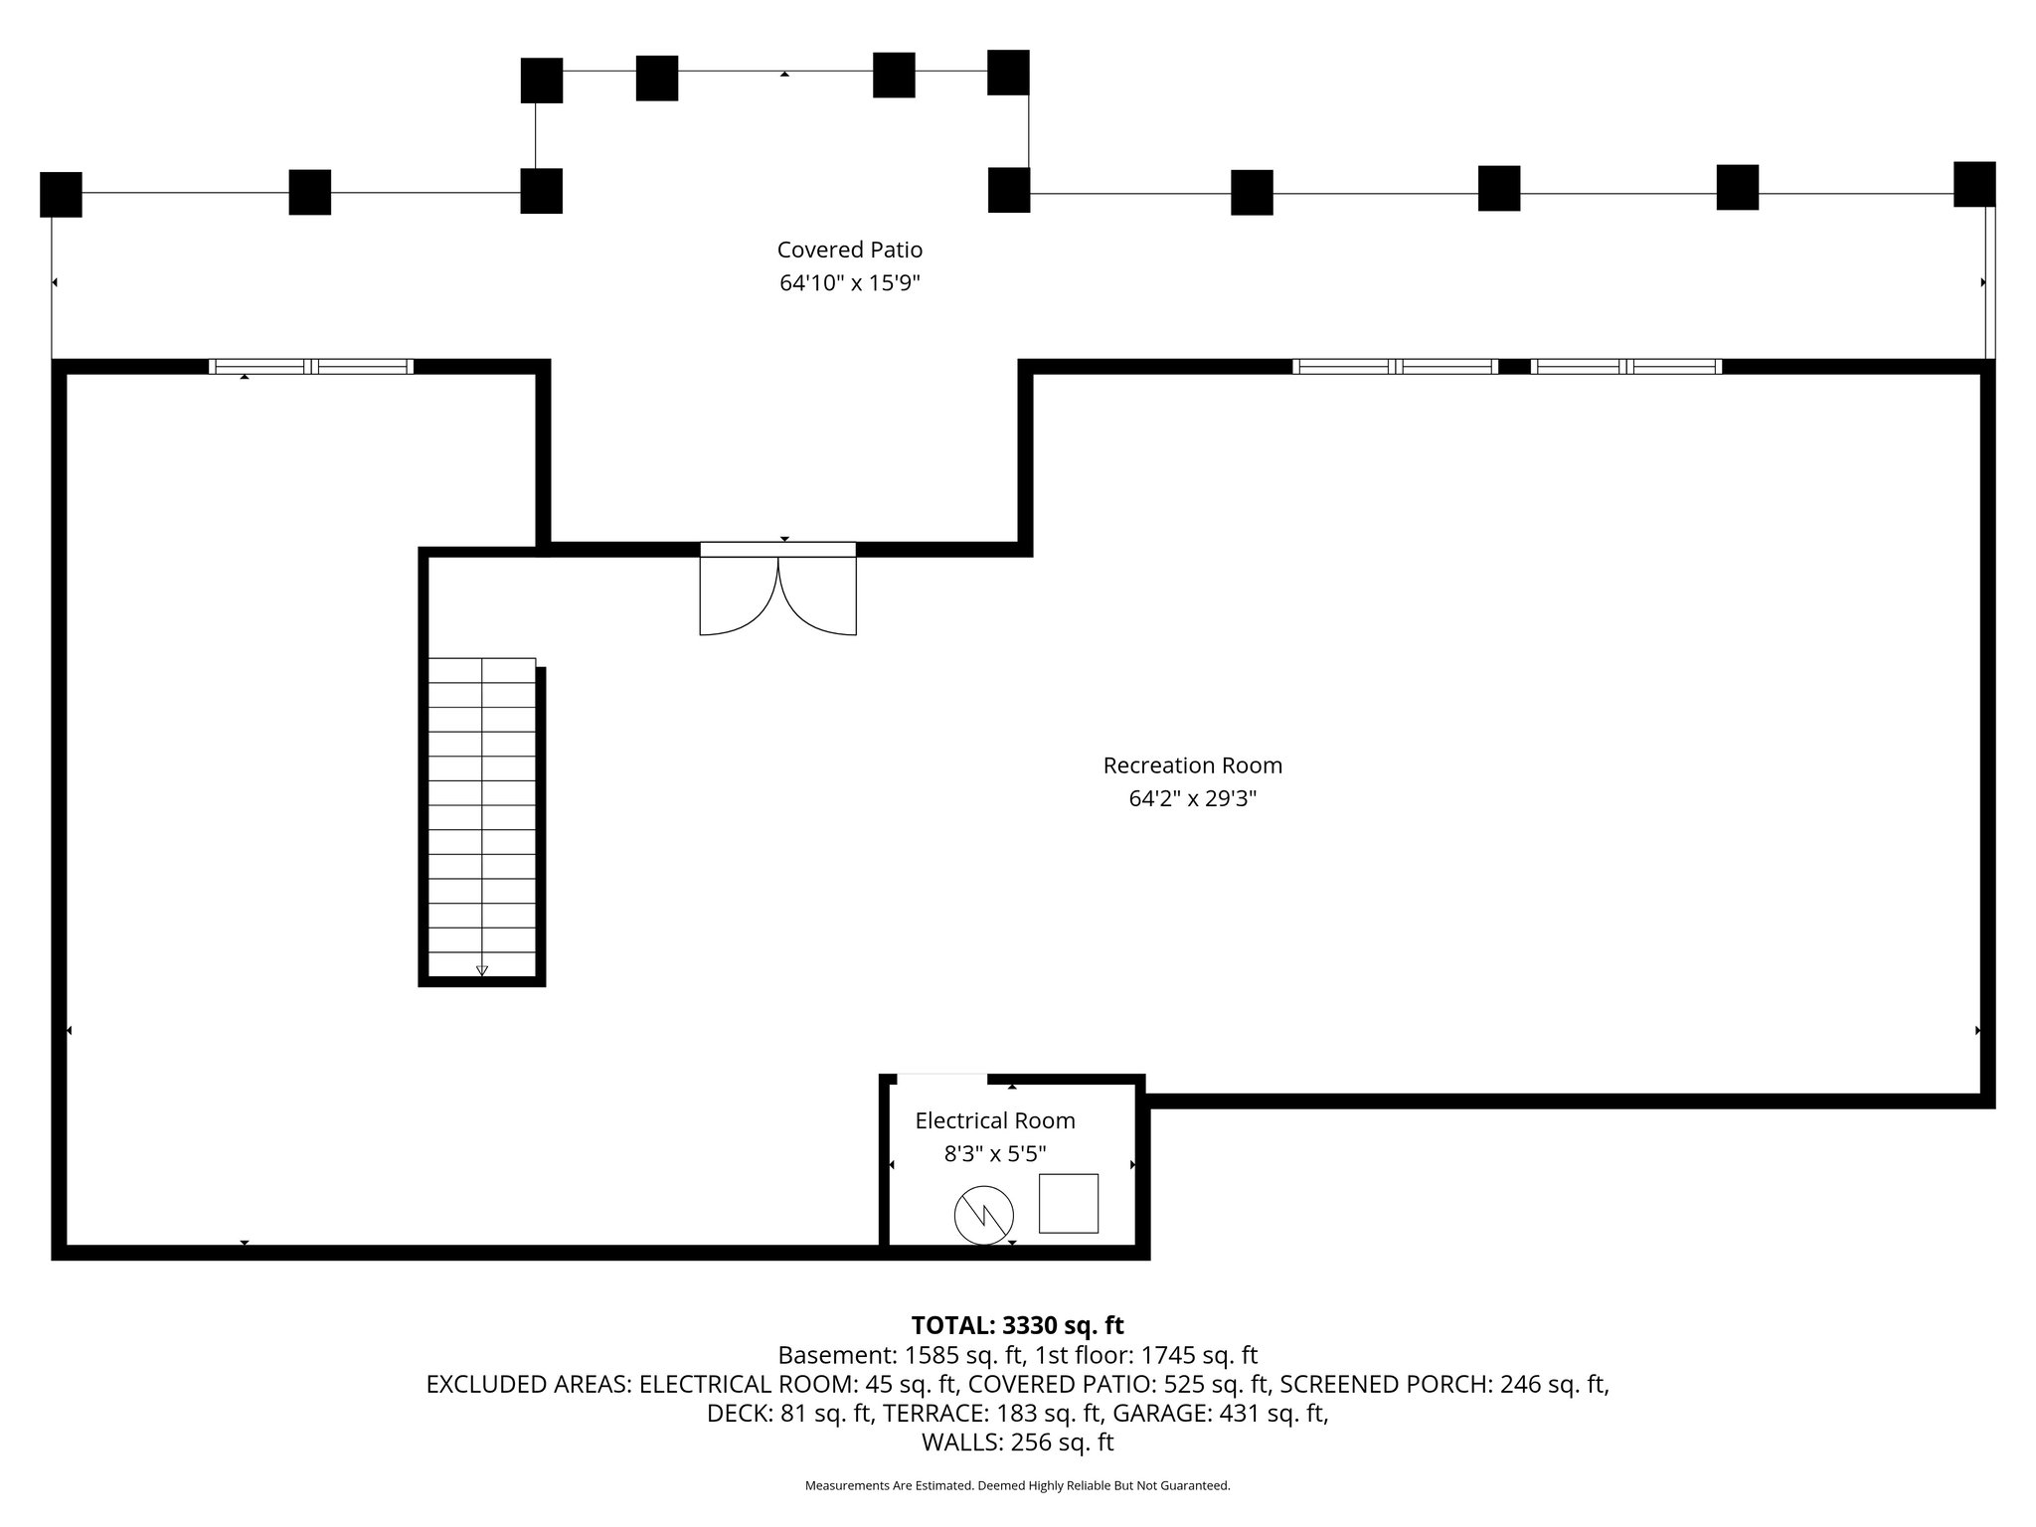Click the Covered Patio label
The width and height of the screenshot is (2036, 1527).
pos(849,250)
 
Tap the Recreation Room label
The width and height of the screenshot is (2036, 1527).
pos(1192,765)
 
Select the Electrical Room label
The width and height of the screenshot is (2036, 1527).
pos(995,1120)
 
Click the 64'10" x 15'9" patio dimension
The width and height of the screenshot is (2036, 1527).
pos(849,283)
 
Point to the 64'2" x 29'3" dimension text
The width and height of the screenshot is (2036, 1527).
pos(1192,798)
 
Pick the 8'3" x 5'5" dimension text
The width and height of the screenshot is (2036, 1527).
pos(995,1154)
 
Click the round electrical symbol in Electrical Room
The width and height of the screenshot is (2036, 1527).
pos(983,1215)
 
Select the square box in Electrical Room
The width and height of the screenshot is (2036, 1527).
pos(1069,1203)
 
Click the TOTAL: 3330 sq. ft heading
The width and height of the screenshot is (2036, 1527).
pos(1017,1325)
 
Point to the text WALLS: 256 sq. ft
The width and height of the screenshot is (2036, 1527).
pos(1017,1442)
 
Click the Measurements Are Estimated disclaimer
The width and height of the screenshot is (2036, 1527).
pos(1017,1486)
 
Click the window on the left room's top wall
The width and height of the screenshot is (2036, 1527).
pos(310,366)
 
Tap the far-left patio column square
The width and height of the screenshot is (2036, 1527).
pos(61,194)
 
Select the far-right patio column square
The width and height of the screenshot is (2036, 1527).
pos(1973,184)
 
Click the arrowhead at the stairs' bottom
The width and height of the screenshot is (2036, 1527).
pos(482,970)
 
